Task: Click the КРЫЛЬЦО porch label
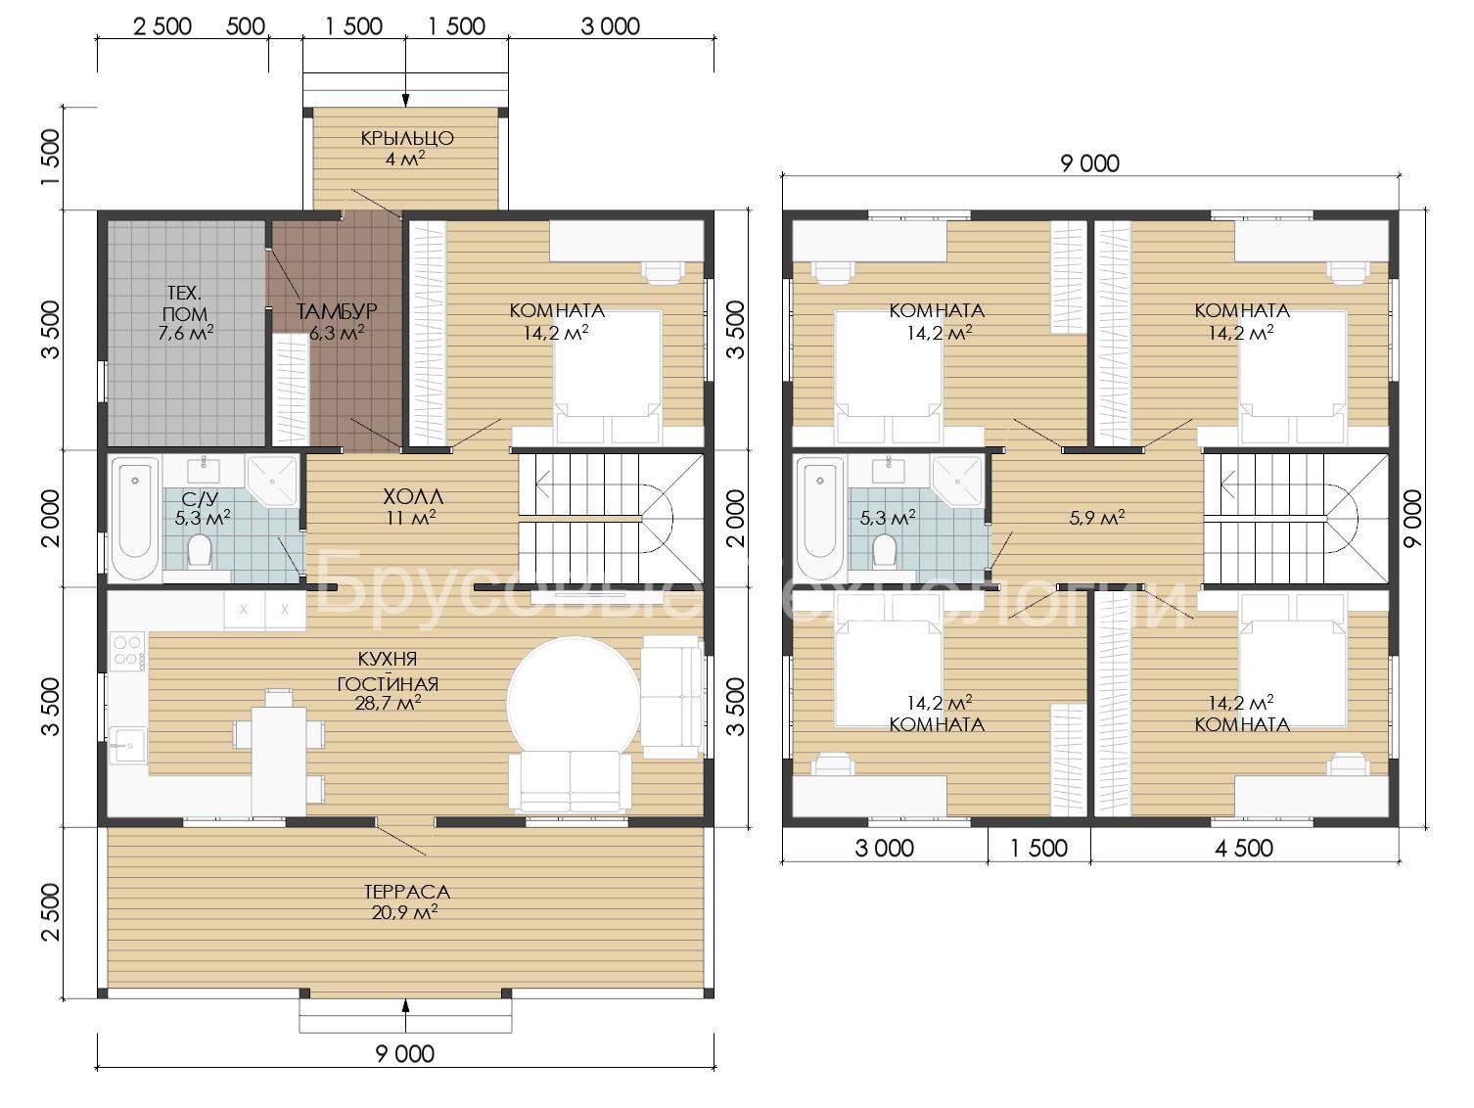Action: pos(407,138)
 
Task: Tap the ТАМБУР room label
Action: pos(337,311)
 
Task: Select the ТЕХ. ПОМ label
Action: pos(185,302)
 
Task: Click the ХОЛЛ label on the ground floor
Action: pos(413,497)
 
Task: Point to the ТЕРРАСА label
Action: pos(407,892)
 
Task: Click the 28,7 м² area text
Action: pos(388,703)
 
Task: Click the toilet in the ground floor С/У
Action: pos(200,552)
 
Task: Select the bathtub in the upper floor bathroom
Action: pos(819,519)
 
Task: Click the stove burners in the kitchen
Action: pos(127,650)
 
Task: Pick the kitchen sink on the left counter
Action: pos(127,745)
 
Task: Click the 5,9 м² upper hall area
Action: pos(1096,517)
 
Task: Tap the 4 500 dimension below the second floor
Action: pos(1244,848)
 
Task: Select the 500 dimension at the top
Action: pos(246,26)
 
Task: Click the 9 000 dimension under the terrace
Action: pos(405,1053)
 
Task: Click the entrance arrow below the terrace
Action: pos(405,1013)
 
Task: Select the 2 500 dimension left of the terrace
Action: pos(51,912)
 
